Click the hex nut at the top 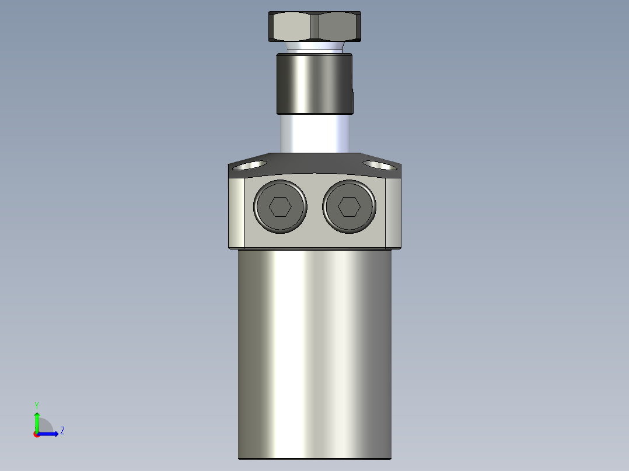[x=316, y=26]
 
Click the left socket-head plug [x=280, y=206]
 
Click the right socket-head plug [x=349, y=206]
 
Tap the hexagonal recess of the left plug [x=280, y=206]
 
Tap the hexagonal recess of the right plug [x=349, y=206]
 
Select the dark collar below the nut [x=314, y=83]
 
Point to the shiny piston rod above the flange [x=314, y=133]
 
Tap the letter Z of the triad [x=62, y=431]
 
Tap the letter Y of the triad [x=37, y=405]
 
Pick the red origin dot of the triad [x=37, y=434]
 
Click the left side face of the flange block [x=236, y=213]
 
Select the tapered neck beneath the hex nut [x=314, y=47]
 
